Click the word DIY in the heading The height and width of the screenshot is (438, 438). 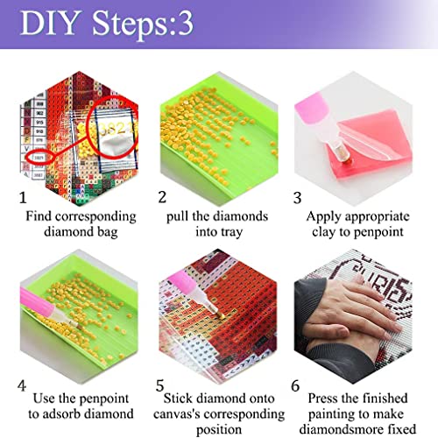[51, 23]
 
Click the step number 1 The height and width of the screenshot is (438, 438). [23, 197]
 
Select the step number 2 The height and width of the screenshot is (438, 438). [162, 197]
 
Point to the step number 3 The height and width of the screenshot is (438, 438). [297, 198]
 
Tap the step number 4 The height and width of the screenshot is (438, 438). [22, 385]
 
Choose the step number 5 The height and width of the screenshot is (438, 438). [159, 385]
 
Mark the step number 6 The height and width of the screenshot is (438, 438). [295, 385]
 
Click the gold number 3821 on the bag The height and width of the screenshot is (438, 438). [117, 129]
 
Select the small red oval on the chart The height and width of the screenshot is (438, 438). [39, 158]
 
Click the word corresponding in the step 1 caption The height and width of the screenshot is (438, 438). [95, 217]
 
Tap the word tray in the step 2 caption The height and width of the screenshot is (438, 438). [231, 233]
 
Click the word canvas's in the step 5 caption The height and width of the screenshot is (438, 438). [172, 414]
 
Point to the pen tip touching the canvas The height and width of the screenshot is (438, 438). [220, 315]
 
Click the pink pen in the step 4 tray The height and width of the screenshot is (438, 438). [48, 309]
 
